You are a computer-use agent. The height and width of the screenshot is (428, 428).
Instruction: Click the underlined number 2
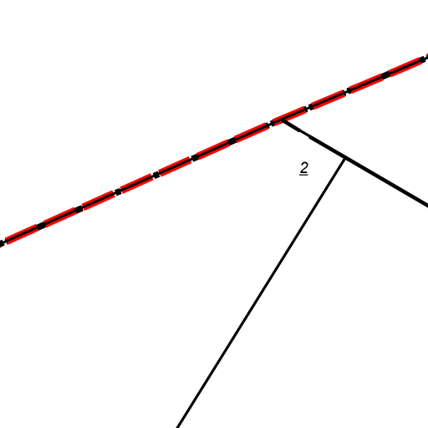click(304, 168)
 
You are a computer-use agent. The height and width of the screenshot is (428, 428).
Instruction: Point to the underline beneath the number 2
click(303, 175)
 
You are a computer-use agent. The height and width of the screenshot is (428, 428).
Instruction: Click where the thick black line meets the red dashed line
click(283, 120)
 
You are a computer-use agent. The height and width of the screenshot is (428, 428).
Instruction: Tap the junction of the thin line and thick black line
click(345, 159)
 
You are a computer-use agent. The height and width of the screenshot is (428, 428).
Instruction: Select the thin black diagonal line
click(261, 293)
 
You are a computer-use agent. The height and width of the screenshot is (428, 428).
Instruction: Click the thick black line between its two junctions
click(313, 140)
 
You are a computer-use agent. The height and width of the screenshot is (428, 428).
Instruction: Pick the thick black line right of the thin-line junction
click(386, 183)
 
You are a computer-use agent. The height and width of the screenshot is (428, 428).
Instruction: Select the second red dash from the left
click(59, 217)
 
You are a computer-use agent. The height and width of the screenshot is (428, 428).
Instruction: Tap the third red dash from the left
click(99, 201)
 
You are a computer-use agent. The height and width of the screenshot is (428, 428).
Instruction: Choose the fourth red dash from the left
click(137, 184)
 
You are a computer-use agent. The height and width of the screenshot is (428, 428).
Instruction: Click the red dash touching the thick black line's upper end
click(289, 116)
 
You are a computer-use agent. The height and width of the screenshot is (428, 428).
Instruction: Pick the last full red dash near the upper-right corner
click(405, 67)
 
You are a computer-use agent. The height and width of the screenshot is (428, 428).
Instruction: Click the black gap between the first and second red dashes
click(41, 226)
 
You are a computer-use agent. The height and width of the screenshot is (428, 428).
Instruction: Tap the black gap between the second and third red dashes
click(79, 209)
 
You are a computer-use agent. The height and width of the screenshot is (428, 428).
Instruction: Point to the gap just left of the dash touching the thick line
click(270, 125)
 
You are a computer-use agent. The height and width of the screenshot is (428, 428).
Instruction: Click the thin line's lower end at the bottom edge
click(177, 427)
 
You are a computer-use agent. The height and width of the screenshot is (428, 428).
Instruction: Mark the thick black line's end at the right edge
click(427, 206)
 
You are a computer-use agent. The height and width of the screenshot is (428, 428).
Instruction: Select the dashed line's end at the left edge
click(1, 244)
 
